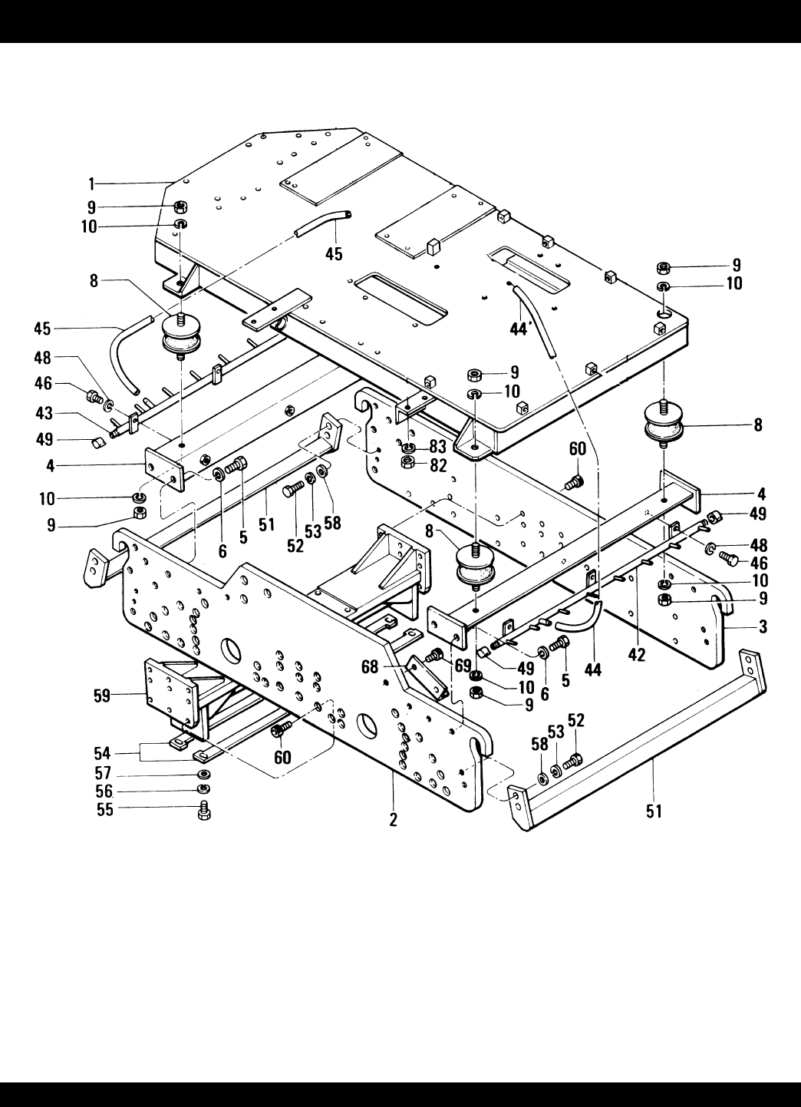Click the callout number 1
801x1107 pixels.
click(x=91, y=184)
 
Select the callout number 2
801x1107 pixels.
click(x=393, y=820)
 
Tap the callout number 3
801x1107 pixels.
click(x=763, y=627)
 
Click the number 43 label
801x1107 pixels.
click(x=44, y=413)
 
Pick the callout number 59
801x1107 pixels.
click(x=102, y=696)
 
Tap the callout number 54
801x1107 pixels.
click(x=102, y=754)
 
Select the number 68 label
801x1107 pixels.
click(x=370, y=667)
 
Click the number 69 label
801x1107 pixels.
click(x=463, y=666)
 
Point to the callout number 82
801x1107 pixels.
click(x=438, y=465)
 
